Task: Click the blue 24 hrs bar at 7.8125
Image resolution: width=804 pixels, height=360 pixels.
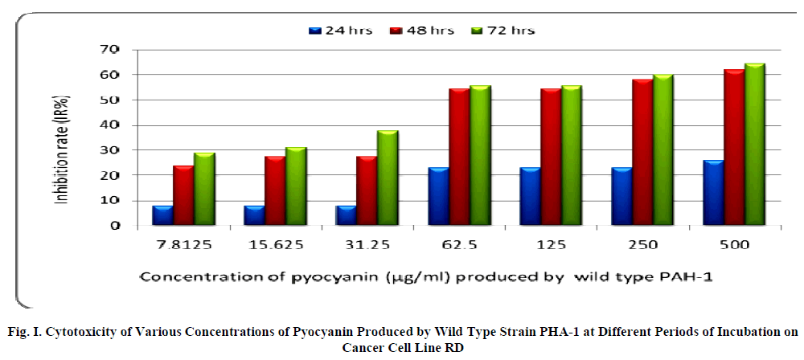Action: click(163, 216)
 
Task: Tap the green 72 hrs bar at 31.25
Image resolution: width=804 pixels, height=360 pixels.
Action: click(388, 178)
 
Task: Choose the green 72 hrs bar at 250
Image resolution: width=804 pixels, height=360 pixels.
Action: click(663, 150)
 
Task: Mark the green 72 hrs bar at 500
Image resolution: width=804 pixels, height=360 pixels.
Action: click(754, 145)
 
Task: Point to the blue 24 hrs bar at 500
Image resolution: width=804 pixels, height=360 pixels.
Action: click(712, 193)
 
